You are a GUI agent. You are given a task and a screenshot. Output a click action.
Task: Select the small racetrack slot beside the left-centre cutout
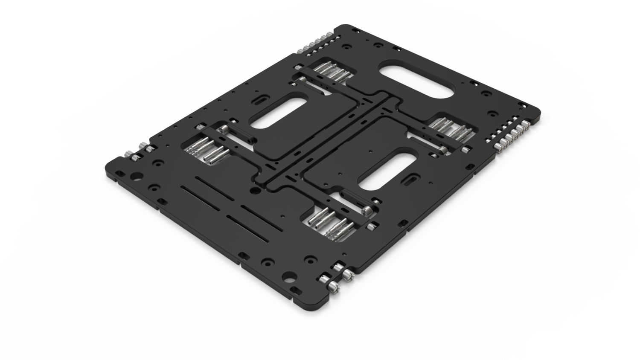259,101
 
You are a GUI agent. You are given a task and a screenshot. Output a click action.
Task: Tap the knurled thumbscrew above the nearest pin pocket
367,210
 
